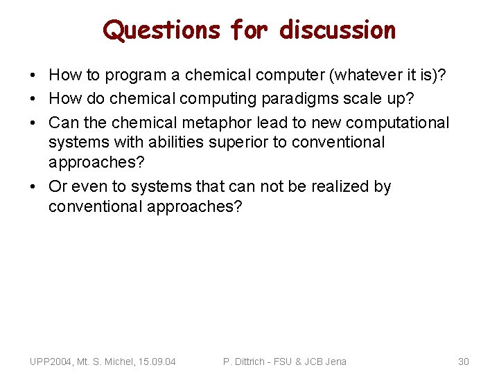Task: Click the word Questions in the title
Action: (x=161, y=30)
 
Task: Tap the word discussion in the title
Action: (x=338, y=30)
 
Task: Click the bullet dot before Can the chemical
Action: (x=34, y=123)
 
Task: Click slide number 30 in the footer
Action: (x=464, y=361)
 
